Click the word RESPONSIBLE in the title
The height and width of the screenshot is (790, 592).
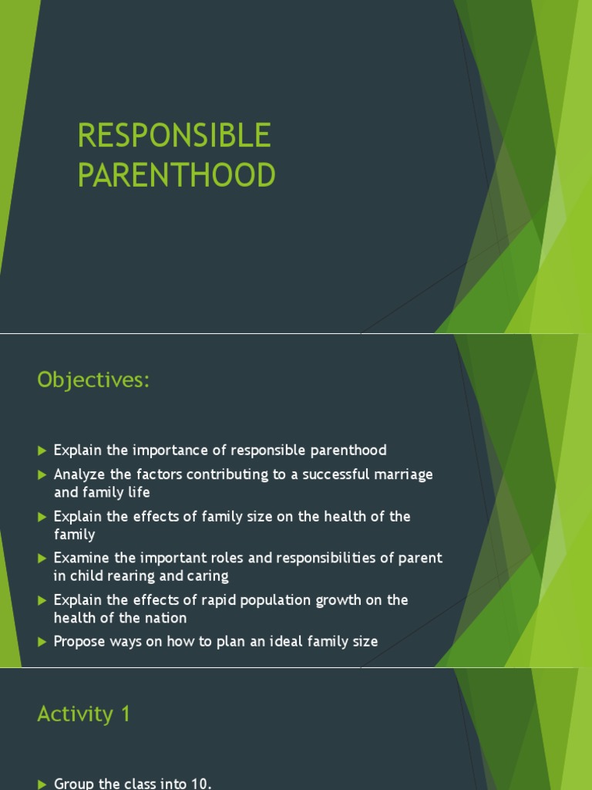174,136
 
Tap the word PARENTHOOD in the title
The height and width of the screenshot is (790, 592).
177,175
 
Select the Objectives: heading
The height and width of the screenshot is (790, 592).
93,380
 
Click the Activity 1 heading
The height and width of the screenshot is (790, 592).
84,714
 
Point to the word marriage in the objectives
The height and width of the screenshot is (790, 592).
405,474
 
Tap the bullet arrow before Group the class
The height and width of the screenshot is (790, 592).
42,784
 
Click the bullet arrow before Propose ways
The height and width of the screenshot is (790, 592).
42,641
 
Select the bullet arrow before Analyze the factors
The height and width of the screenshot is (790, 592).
42,474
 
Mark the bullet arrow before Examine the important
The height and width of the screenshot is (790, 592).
42,558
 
